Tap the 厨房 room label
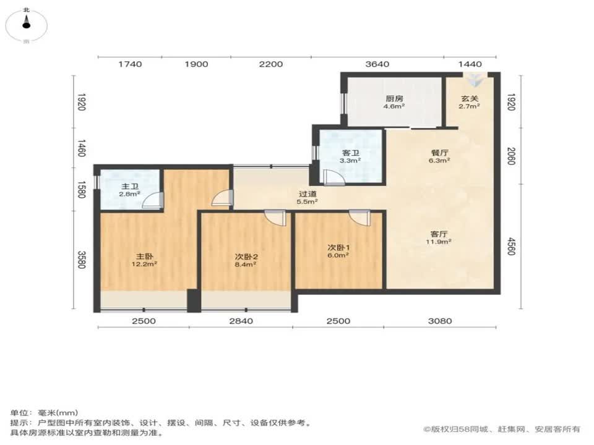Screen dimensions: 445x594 pyautogui.click(x=395, y=98)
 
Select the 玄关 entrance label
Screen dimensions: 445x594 pyautogui.click(x=469, y=98)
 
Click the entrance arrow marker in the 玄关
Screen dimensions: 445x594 pyautogui.click(x=476, y=79)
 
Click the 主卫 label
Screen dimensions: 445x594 pyautogui.click(x=129, y=186)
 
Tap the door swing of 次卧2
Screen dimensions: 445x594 pyautogui.click(x=273, y=218)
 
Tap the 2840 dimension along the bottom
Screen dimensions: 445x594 pyautogui.click(x=241, y=321)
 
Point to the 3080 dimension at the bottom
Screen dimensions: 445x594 pyautogui.click(x=440, y=321)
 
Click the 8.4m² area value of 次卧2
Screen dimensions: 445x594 pyautogui.click(x=246, y=263)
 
